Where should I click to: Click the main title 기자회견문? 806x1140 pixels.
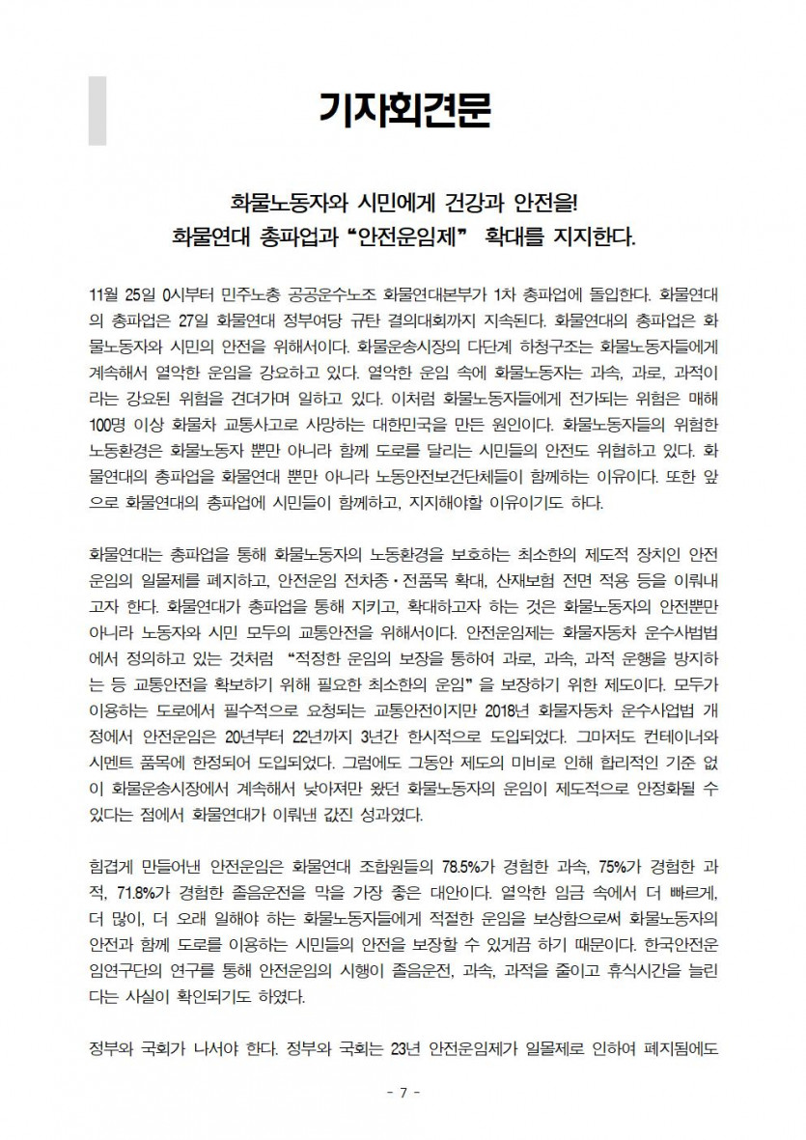(x=405, y=110)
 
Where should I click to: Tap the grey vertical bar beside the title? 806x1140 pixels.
(x=97, y=110)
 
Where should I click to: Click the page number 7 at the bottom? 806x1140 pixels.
(x=403, y=1092)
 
